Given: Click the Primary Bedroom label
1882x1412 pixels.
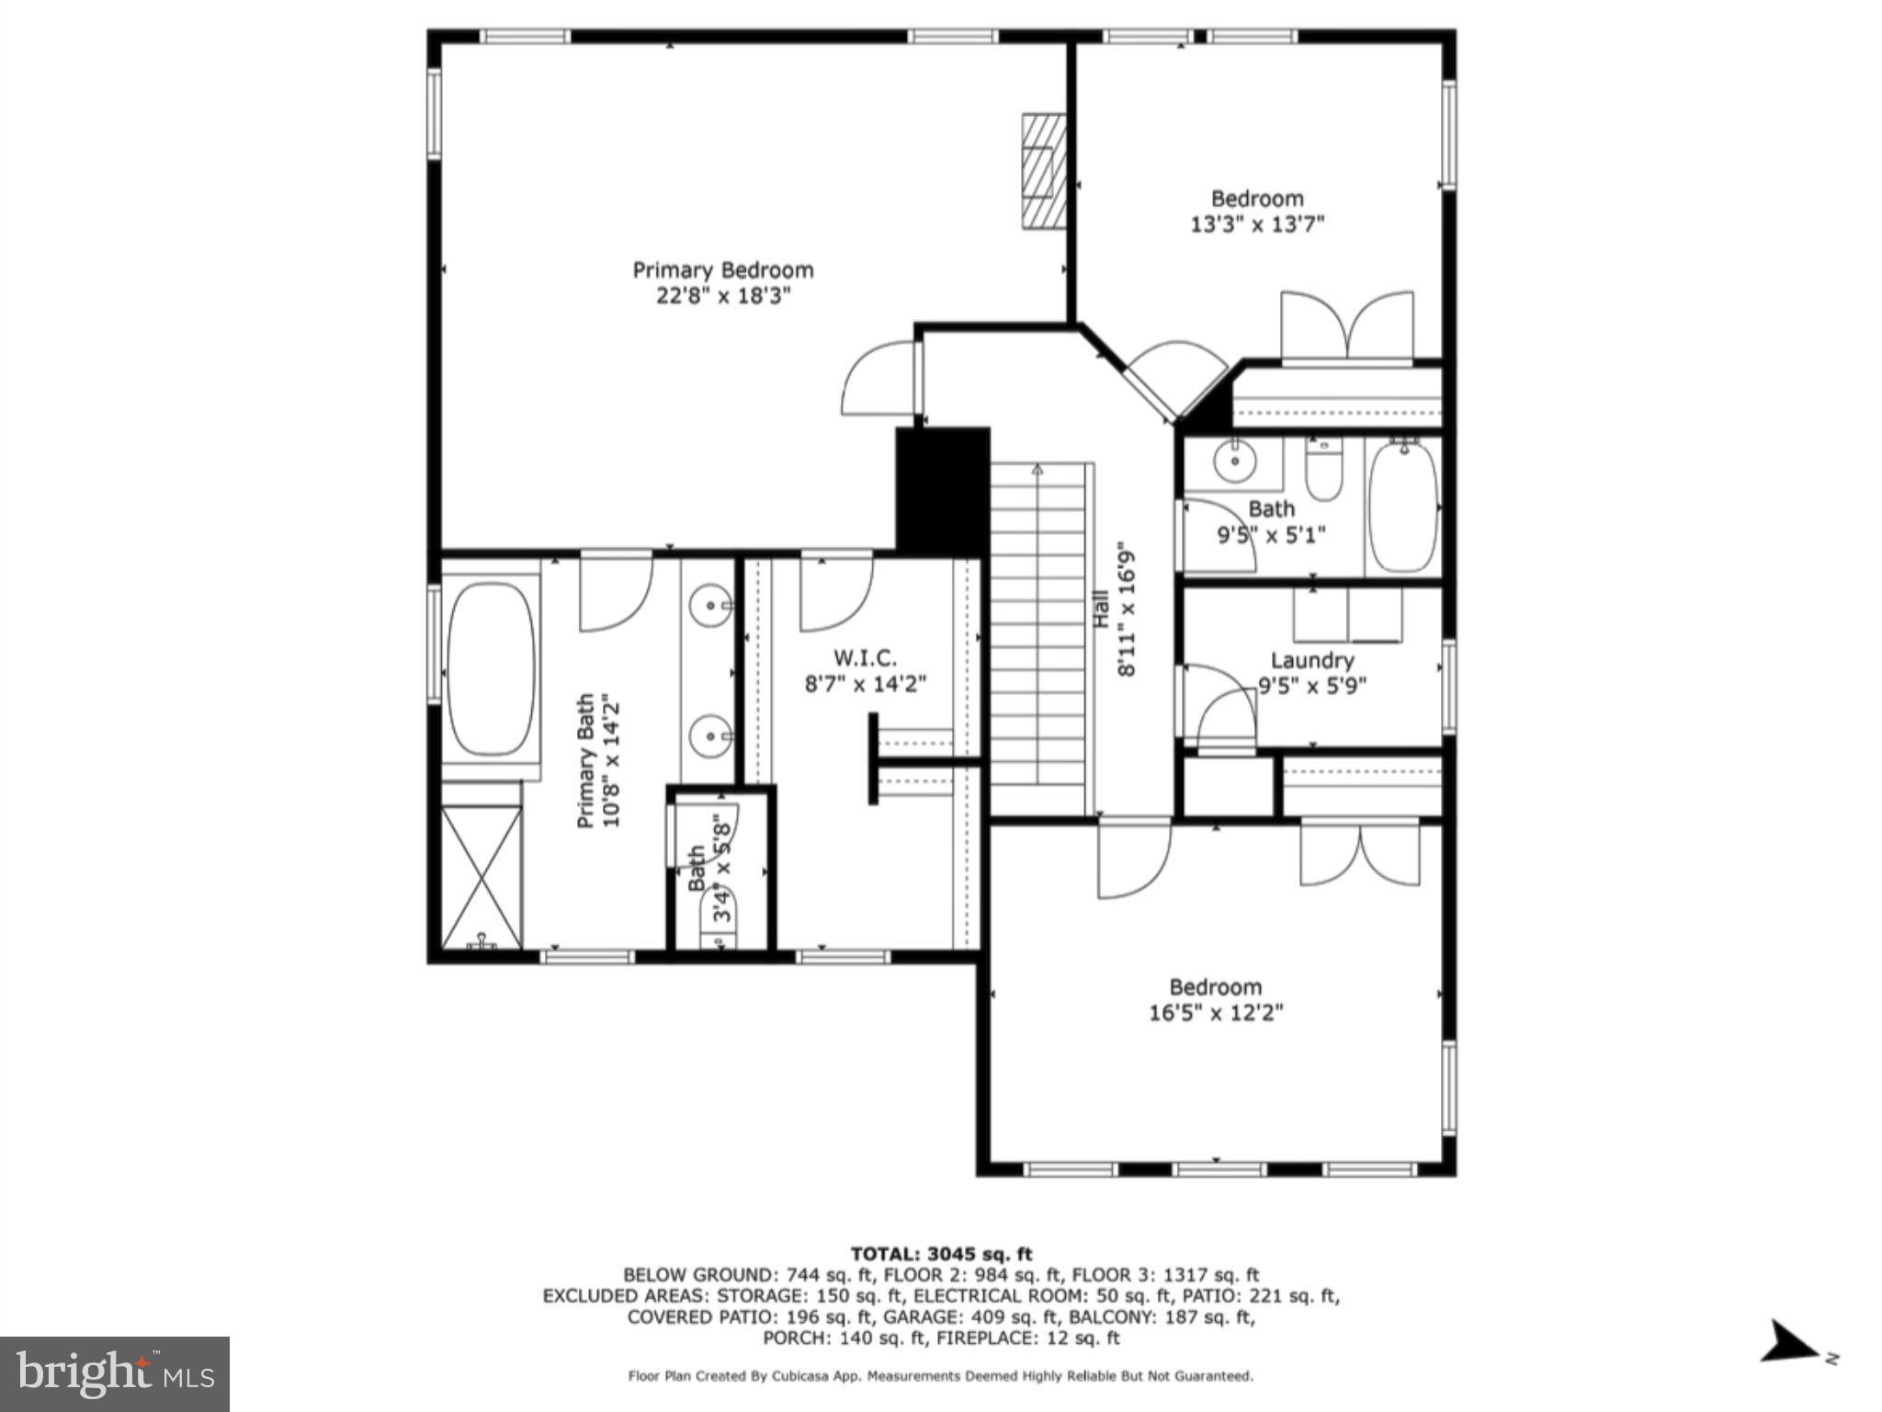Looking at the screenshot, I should click(x=722, y=270).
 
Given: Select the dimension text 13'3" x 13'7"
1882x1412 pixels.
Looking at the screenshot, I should click(x=1256, y=224).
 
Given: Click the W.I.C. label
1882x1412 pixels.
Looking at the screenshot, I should click(x=864, y=658).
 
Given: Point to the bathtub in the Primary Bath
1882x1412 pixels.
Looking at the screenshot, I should click(x=490, y=668).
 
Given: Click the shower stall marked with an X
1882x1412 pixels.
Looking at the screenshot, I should click(x=482, y=877).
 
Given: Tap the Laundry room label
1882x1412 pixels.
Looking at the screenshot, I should click(x=1311, y=660).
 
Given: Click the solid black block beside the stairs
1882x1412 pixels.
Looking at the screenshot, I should click(x=942, y=491).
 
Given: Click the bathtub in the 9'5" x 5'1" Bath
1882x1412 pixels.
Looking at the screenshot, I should click(x=1402, y=507).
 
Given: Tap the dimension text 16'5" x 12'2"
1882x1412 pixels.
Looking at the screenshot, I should click(x=1215, y=1013).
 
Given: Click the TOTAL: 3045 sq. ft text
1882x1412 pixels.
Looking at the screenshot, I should click(x=941, y=1254).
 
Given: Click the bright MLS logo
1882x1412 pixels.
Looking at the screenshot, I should click(x=115, y=1373).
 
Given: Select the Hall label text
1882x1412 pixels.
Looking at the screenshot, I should click(x=1101, y=609).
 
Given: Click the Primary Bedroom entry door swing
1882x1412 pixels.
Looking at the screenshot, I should click(x=878, y=379).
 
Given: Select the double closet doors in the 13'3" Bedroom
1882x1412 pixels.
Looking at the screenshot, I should click(x=1347, y=326).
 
